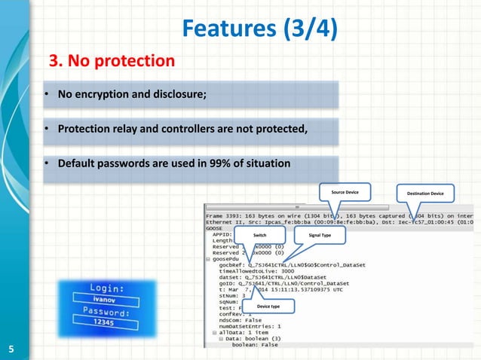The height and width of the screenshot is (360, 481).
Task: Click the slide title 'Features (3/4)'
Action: click(x=259, y=29)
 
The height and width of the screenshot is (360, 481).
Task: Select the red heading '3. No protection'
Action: click(x=112, y=59)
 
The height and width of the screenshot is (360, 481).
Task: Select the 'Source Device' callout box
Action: click(x=345, y=193)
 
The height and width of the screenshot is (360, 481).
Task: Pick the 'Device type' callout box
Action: click(x=268, y=307)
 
